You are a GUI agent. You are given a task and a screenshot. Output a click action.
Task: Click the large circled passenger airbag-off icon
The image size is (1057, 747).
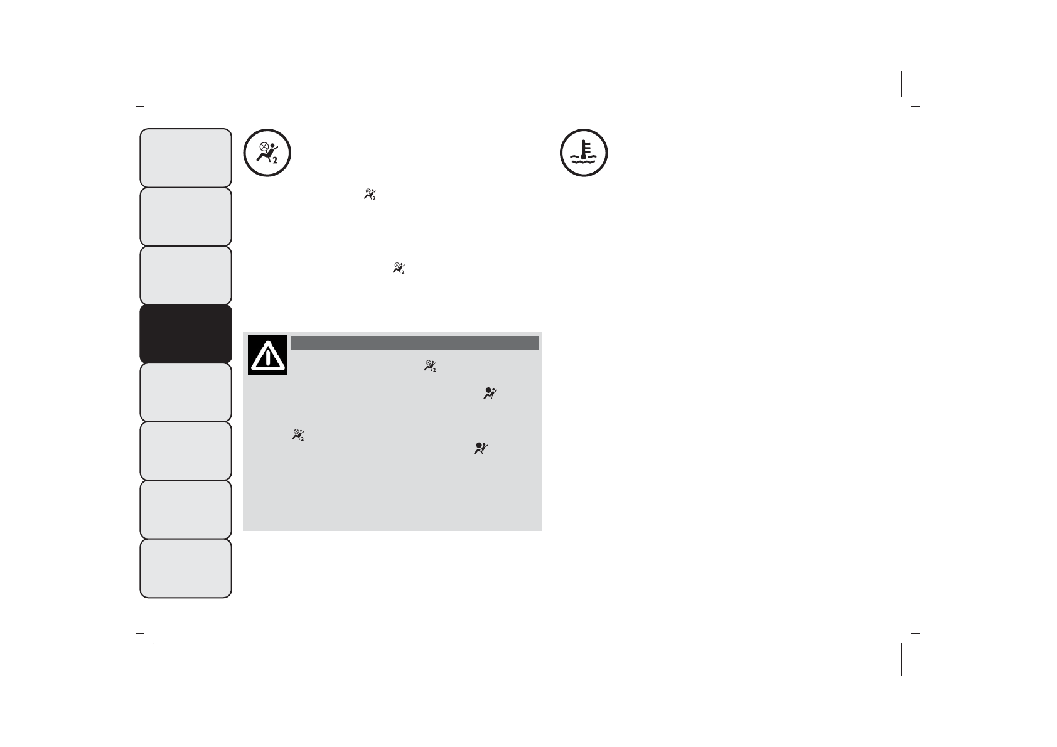point(267,153)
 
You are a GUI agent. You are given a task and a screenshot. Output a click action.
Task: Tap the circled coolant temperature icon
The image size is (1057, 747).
point(584,153)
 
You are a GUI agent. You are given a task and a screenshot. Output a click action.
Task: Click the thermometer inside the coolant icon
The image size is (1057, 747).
point(584,148)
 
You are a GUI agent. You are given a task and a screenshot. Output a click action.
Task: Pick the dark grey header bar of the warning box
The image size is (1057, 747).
point(414,342)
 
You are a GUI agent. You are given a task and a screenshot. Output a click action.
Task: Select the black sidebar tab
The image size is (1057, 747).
point(186,333)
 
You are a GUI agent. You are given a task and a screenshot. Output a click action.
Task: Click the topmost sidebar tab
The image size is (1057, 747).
point(186,158)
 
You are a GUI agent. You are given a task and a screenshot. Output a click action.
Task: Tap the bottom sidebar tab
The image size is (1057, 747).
point(186,568)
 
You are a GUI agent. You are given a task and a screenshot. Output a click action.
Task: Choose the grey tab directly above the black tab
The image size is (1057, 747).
point(186,275)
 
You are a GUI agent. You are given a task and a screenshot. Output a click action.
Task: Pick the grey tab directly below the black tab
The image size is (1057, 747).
point(186,392)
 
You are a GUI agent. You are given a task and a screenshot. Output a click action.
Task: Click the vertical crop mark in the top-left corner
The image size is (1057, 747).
point(154,83)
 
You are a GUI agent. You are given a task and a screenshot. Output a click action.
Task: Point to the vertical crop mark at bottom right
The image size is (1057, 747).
point(901,659)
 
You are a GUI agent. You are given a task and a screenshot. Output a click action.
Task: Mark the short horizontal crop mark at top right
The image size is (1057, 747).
point(915,106)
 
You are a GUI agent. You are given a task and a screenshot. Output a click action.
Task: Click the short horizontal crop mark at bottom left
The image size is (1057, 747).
point(140,633)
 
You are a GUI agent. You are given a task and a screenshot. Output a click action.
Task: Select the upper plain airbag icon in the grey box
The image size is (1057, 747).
point(490,394)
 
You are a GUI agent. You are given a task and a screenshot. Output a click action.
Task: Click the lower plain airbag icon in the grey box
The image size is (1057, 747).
point(481,448)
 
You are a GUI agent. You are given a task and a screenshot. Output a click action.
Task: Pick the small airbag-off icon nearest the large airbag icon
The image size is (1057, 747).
point(370,195)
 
